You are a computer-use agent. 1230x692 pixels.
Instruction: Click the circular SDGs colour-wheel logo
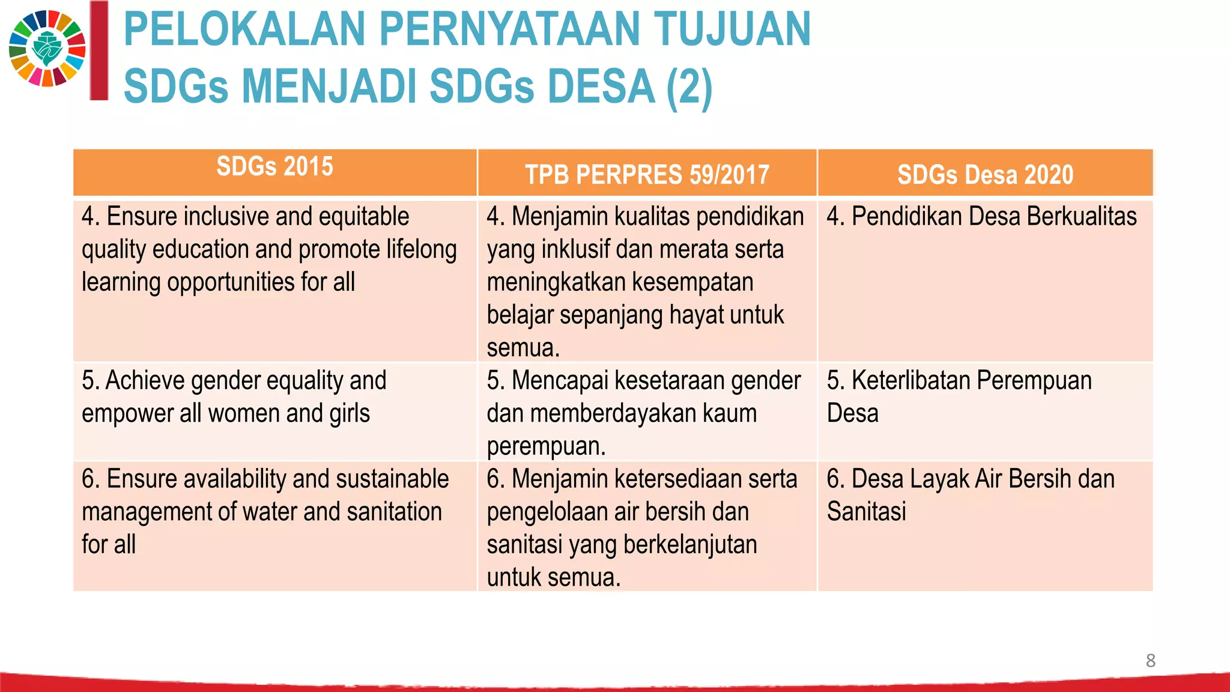point(47,48)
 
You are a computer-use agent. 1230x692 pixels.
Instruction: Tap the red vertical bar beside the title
point(98,50)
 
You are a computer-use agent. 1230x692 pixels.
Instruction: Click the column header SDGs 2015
point(274,166)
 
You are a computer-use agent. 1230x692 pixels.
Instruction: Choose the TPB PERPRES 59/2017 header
point(647,175)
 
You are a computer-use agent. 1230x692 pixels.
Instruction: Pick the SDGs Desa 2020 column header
point(985,175)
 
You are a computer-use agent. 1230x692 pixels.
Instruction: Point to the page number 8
point(1150,660)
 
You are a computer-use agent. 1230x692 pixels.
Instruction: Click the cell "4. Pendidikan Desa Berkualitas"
point(981,216)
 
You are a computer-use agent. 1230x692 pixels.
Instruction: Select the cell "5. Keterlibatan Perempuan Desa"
point(959,396)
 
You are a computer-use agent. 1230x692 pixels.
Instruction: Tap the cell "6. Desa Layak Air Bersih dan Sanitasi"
point(970,495)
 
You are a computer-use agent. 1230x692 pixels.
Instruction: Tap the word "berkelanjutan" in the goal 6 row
point(690,545)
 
